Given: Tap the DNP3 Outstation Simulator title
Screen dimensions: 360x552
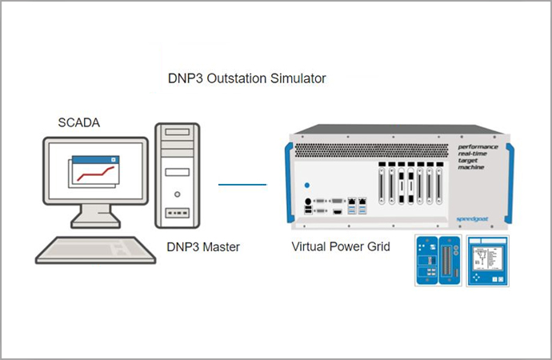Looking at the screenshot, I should point(246,79).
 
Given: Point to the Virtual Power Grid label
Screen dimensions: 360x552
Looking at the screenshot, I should point(341,247).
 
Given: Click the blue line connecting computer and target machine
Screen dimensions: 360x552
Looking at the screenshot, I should point(242,184).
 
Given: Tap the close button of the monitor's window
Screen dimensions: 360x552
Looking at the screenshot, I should point(114,160).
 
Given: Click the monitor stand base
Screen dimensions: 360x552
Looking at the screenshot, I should point(93,220).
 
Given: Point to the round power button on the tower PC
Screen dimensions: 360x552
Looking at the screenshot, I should point(177,194).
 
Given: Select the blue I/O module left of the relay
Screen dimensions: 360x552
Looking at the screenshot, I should point(437,261).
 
